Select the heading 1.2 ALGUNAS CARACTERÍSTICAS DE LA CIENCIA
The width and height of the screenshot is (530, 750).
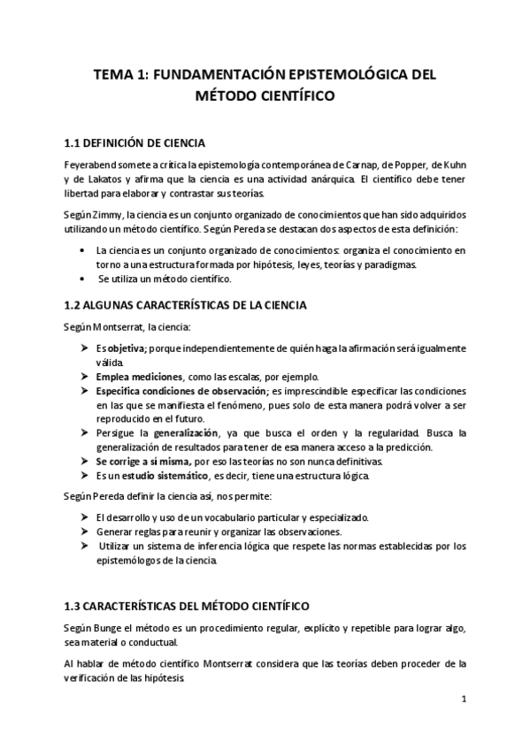pos(185,305)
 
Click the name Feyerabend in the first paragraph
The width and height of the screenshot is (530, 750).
pos(91,165)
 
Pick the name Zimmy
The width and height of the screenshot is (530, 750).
pos(107,215)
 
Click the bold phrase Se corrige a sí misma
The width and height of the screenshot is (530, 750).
pos(141,463)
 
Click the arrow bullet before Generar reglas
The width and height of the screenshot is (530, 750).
pos(85,532)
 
